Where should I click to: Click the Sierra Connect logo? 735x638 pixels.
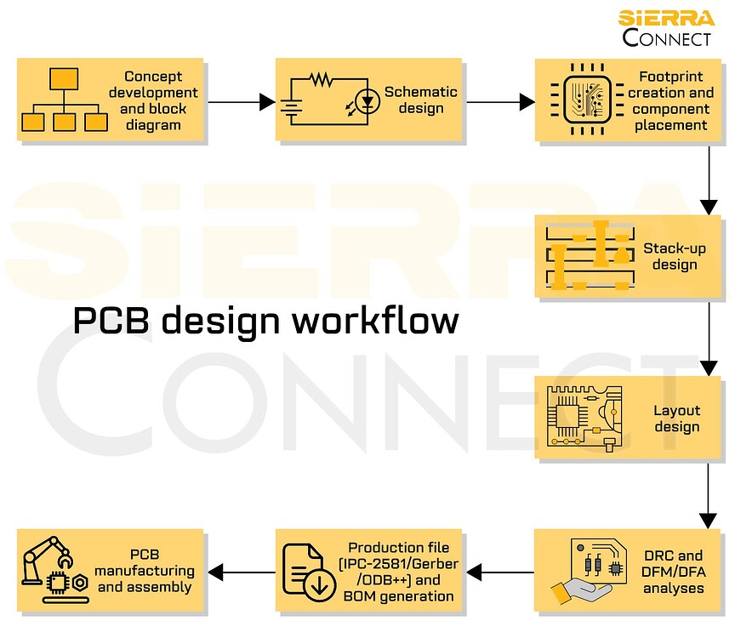point(666,27)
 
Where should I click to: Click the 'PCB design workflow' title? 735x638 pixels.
point(265,321)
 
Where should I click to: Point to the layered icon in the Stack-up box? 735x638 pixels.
point(589,255)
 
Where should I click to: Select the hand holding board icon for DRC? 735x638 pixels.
point(589,571)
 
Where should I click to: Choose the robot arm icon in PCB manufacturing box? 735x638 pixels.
point(53,567)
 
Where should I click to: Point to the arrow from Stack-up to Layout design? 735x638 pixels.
point(709,337)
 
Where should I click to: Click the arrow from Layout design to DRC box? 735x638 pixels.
point(709,493)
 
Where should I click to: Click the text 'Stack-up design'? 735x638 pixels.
point(669,256)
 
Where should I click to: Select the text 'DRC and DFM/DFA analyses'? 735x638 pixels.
point(673,572)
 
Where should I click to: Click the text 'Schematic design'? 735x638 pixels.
point(420,100)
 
